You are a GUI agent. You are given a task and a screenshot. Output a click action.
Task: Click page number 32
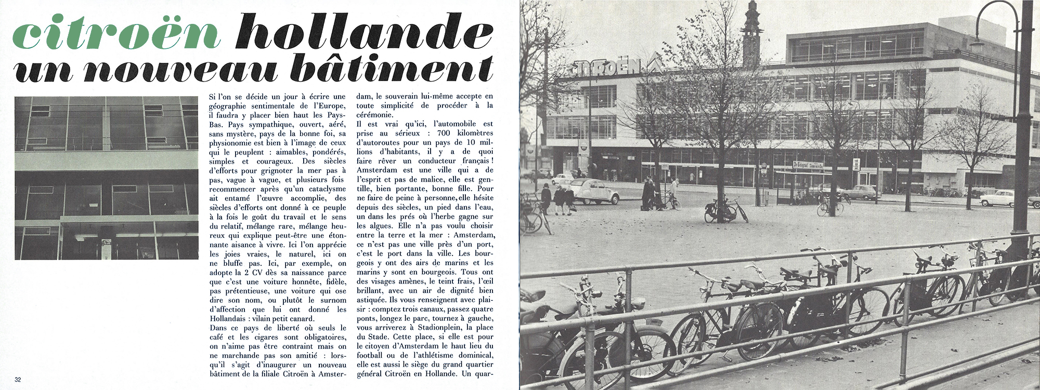click(18, 379)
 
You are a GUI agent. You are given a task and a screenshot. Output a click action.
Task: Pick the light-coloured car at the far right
click(996, 198)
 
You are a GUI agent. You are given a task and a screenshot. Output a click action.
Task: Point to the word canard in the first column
click(301, 318)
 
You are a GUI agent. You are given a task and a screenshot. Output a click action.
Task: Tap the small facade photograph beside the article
click(107, 178)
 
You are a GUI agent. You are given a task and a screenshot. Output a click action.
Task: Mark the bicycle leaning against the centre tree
click(725, 210)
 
